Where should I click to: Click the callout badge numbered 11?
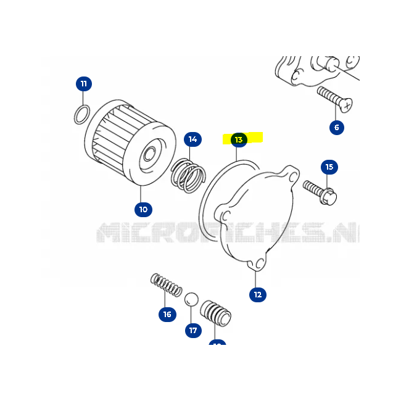[x=85, y=83]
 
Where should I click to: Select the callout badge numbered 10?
[x=143, y=209]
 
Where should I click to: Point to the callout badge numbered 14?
[x=193, y=139]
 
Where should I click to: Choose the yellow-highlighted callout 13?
[x=239, y=140]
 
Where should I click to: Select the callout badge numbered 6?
[x=336, y=128]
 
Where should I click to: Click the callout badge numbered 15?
[x=329, y=167]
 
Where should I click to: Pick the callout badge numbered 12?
[x=258, y=294]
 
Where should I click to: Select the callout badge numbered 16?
[x=167, y=315]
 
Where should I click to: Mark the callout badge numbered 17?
[x=193, y=330]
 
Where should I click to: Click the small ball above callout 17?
[x=192, y=299]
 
